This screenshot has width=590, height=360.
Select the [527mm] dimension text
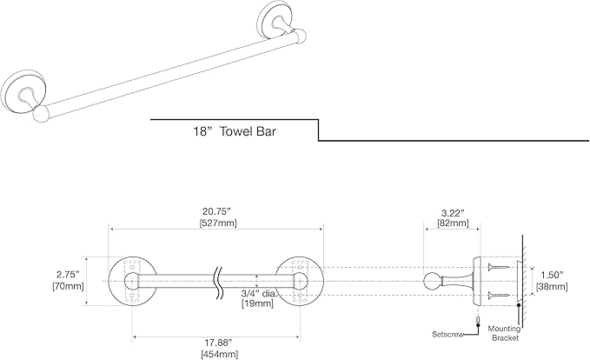click(x=215, y=223)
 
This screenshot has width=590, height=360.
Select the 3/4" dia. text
click(x=257, y=292)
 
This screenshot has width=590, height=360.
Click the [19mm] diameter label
click(x=257, y=303)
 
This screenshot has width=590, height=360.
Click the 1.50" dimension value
click(x=550, y=272)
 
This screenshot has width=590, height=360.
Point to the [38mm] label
click(x=550, y=284)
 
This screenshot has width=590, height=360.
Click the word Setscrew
click(x=449, y=334)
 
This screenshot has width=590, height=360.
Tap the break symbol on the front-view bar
click(x=215, y=280)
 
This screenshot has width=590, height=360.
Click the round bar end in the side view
click(x=433, y=280)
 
